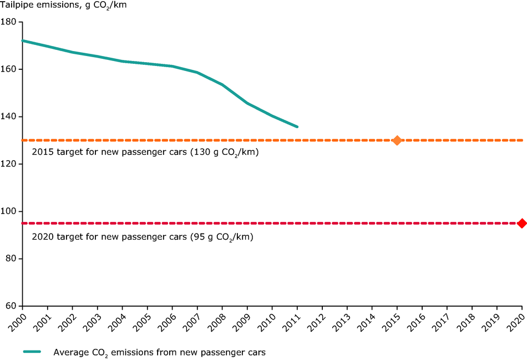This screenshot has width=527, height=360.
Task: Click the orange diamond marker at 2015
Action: coord(397,140)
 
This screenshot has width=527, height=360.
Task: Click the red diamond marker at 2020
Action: coord(521,223)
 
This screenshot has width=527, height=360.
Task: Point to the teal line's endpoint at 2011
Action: coord(297,127)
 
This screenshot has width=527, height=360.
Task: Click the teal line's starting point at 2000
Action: coord(22,40)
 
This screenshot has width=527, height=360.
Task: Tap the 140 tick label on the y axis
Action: coord(10,116)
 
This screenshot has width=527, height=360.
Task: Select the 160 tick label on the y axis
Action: coord(10,69)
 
